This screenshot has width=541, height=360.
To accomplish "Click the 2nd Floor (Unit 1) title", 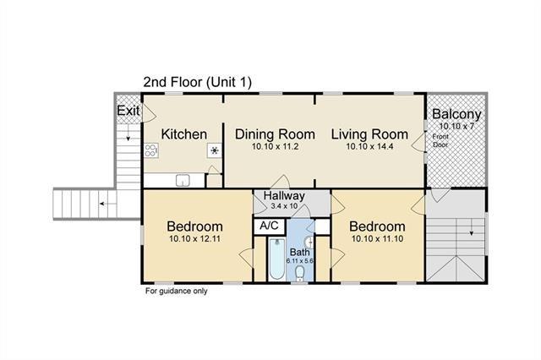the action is tap(197, 82).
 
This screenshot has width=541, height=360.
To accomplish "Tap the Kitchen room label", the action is tap(184, 134).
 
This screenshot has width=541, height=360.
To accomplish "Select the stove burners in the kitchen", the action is tap(151, 150).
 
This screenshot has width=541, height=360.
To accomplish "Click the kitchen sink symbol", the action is tap(183, 180).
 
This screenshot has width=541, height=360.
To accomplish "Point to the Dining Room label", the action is tap(275, 134).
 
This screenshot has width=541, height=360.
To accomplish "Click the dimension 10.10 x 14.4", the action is tap(370, 146).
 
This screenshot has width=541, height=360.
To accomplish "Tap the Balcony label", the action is tap(456, 114).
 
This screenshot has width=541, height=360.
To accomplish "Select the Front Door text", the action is tap(440, 140).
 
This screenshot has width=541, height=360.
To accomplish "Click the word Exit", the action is tap(128, 111).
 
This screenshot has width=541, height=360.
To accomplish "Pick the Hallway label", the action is tap(284, 196).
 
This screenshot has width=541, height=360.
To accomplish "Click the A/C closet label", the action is tap(269, 226).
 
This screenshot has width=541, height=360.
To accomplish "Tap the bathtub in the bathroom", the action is tap(276, 259).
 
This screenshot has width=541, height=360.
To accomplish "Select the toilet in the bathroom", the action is tap(300, 273).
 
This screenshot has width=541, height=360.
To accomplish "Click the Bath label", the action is tap(300, 252).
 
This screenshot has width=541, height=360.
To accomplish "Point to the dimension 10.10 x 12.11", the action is tap(195, 238).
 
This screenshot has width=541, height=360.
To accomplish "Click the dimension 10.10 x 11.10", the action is tap(377, 238).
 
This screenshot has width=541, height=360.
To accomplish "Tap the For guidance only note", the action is tap(177, 291).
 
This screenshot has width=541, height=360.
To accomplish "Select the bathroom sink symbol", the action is tap(309, 242).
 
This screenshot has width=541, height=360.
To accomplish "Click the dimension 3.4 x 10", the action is tap(284, 206).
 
